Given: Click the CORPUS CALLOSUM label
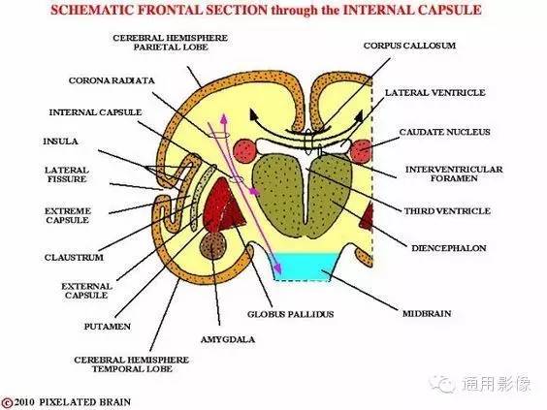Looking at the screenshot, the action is [x=409, y=46].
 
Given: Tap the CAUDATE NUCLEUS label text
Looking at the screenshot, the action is [x=444, y=132].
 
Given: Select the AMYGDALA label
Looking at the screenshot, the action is [x=228, y=339].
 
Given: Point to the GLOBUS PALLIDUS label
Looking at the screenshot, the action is [x=290, y=314].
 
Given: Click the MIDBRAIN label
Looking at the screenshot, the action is [x=427, y=313].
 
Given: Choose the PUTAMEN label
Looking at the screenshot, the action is [x=108, y=327].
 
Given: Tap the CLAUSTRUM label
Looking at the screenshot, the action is [x=74, y=258].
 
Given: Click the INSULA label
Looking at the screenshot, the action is [x=60, y=142].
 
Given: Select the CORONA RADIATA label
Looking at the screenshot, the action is [x=112, y=80].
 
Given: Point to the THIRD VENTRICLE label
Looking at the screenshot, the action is [x=447, y=211].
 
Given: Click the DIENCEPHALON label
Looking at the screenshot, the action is [x=449, y=248].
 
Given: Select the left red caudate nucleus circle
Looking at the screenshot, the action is [x=245, y=151].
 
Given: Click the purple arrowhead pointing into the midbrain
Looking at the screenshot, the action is [x=277, y=268].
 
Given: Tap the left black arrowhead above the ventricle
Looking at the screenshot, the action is [x=254, y=114].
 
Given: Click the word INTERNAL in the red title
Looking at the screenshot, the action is [x=378, y=10].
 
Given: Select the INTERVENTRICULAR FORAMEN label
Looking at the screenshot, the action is [x=454, y=173].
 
